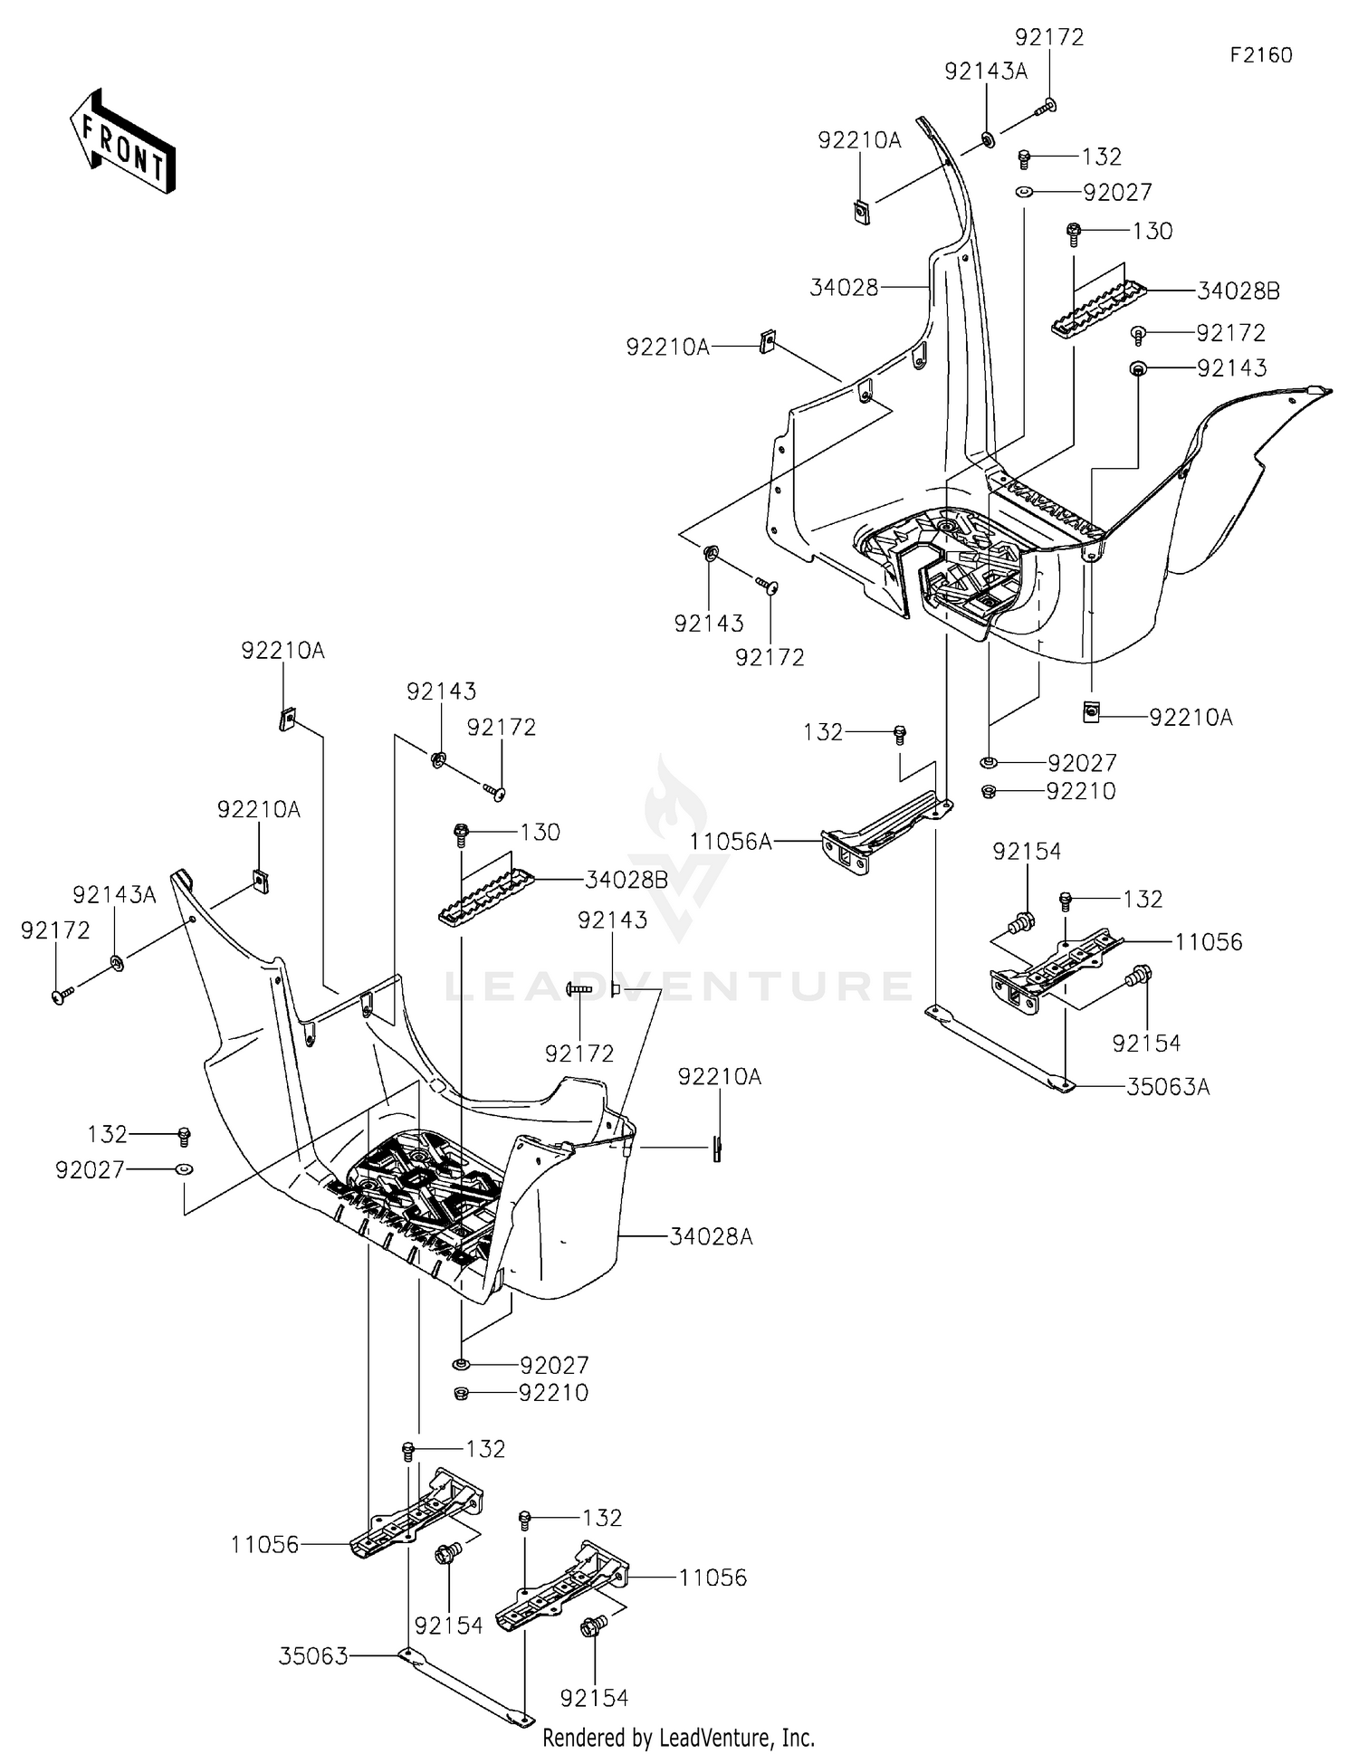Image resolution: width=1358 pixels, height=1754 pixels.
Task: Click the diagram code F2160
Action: click(1261, 55)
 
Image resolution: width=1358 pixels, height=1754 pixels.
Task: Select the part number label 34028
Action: click(844, 288)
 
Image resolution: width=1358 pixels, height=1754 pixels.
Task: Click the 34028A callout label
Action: click(712, 1236)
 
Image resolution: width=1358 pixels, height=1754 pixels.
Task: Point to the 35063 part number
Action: click(313, 1656)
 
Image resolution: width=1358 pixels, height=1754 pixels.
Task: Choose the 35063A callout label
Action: click(1168, 1086)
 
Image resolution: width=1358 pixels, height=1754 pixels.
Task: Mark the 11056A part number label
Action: click(731, 842)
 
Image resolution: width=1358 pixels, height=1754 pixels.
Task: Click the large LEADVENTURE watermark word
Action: click(679, 986)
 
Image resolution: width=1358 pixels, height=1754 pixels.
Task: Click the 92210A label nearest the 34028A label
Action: click(720, 1077)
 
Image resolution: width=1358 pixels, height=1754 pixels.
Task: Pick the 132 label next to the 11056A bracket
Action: click(823, 731)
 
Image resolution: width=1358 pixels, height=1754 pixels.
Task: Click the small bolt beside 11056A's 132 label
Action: click(900, 734)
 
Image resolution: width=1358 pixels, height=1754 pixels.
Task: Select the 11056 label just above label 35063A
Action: click(1209, 942)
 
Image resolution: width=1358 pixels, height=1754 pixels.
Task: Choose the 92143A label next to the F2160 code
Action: click(986, 71)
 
